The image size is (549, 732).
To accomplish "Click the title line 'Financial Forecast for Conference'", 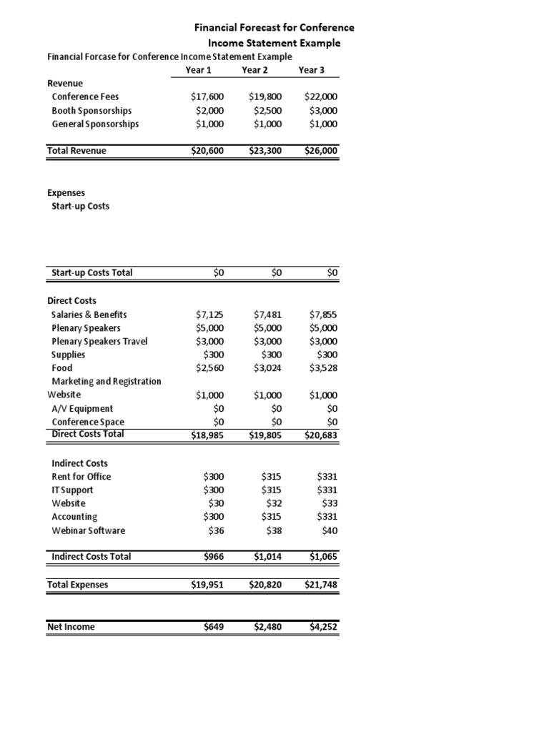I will coord(274,28).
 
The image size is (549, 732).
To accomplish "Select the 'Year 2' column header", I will coord(255,70).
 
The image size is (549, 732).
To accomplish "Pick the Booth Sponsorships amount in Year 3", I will coord(324,111).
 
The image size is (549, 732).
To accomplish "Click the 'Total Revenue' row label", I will coord(76,151).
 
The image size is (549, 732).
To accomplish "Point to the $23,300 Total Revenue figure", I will coord(265,151).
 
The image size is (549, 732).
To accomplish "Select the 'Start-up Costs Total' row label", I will coord(91,272).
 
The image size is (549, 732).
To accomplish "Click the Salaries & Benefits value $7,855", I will coord(324,315).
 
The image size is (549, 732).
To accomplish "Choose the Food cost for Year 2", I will coord(267,368).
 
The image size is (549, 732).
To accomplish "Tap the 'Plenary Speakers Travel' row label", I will coord(99,341).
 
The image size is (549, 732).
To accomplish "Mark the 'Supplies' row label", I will coord(69,355).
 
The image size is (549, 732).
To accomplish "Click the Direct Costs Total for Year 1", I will coord(207,435).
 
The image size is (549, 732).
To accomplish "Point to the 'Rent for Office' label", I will coord(81,477).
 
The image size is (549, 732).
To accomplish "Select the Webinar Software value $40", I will coord(330,530).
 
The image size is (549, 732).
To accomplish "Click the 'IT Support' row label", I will coord(72,490).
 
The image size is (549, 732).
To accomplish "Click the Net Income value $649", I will coord(214,627).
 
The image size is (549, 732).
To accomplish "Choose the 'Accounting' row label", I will coord(74,517).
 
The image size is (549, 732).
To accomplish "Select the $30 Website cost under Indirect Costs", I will coord(215,503).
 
